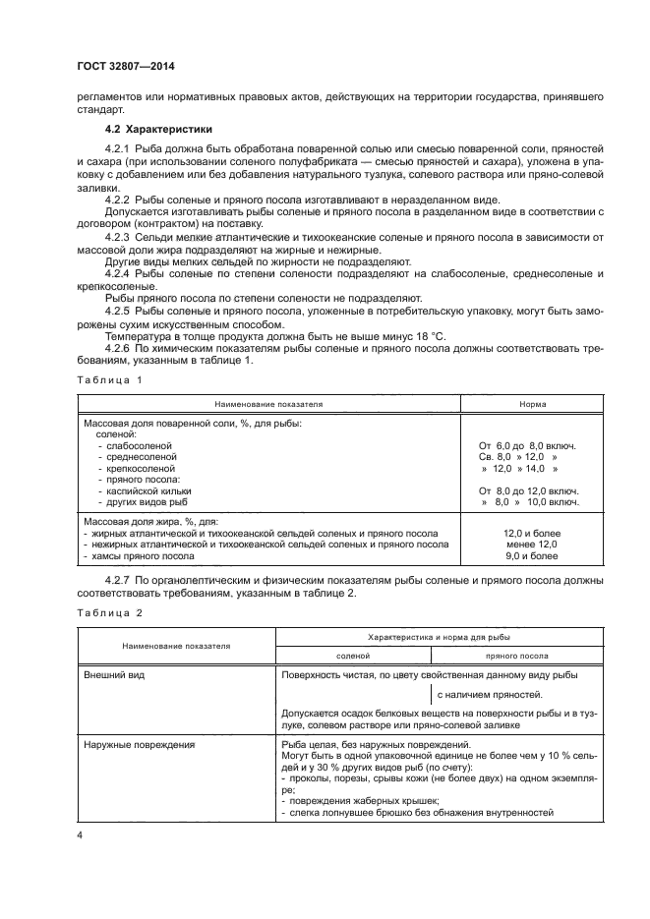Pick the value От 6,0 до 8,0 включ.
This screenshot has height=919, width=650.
coord(527,445)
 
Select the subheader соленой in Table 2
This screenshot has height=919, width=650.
coord(352,655)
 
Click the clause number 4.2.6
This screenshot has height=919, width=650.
coord(120,347)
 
